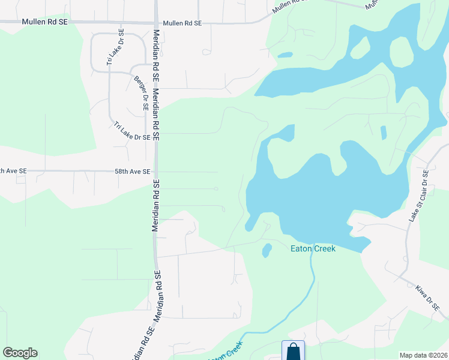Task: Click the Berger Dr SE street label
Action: click(x=141, y=93)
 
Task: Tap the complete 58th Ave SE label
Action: click(x=132, y=172)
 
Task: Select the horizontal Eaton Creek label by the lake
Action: click(x=313, y=248)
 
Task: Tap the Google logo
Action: click(x=20, y=353)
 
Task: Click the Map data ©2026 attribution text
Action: click(x=423, y=355)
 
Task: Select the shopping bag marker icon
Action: click(x=293, y=351)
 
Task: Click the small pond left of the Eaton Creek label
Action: click(x=267, y=250)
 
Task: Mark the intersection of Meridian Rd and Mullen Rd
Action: click(x=155, y=23)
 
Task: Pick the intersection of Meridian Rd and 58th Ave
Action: click(x=156, y=172)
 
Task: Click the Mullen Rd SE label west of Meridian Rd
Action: click(x=46, y=22)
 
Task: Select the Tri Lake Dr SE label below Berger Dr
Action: click(x=131, y=131)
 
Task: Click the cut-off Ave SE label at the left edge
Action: click(x=13, y=171)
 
